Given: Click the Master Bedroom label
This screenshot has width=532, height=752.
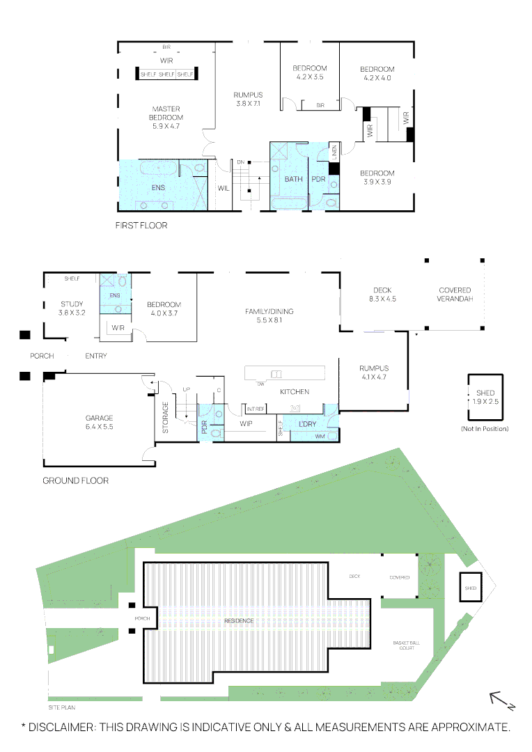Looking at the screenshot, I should [166, 117].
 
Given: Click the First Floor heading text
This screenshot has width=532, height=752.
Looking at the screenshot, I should [141, 226].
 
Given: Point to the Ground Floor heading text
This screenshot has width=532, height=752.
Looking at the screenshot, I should [75, 480].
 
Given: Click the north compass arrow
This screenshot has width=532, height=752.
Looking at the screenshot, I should [500, 698].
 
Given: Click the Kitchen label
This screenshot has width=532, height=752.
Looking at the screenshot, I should [295, 392].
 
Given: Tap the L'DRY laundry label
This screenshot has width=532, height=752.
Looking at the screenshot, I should [308, 424].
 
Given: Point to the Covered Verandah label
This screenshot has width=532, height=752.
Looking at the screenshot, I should [455, 295].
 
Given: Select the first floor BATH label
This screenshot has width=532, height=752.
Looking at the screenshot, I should [294, 179].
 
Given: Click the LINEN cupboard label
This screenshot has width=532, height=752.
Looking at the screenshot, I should [334, 151].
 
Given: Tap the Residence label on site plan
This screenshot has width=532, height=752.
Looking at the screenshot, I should [238, 620].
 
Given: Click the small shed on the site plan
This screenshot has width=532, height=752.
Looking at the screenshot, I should [471, 588].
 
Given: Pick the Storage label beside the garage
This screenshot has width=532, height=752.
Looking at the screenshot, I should [165, 418].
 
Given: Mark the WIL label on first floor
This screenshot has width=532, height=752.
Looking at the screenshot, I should [224, 188].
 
